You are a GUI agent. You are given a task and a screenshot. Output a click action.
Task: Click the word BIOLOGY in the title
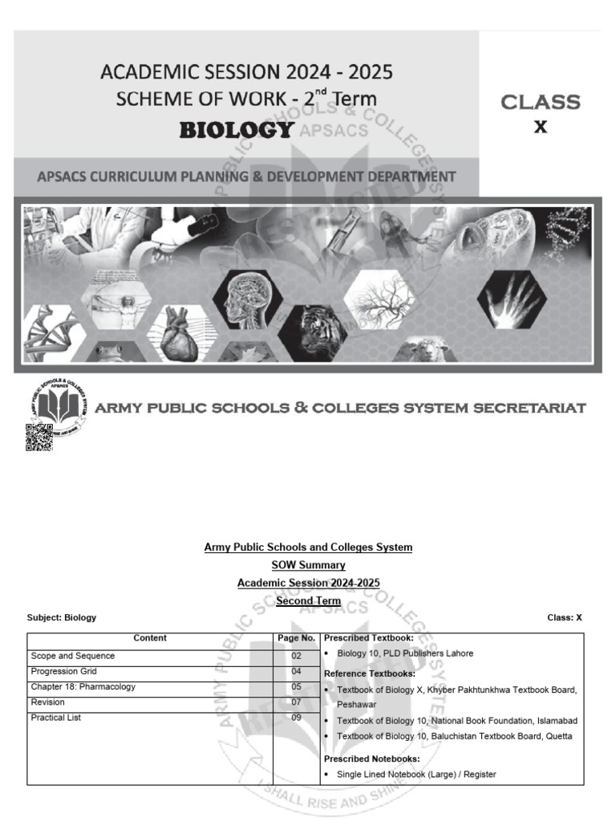pos(236,130)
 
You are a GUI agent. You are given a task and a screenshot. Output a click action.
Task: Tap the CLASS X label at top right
pos(541,113)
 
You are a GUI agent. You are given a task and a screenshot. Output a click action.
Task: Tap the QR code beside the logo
pos(39,437)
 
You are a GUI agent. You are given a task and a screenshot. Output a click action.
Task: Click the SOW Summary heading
pos(308,565)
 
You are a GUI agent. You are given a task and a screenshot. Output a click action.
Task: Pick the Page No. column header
pos(296,639)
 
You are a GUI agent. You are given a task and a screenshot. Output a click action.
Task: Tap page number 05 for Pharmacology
pos(296,687)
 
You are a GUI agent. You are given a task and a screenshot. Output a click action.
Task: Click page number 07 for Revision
pos(296,702)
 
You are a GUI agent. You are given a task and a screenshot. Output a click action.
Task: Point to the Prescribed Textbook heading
pos(368,638)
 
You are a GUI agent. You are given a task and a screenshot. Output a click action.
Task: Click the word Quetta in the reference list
pos(556,737)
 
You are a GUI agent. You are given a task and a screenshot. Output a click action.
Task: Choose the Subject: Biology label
pos(62,617)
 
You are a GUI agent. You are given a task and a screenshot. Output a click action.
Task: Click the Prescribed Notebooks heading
pos(371,759)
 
